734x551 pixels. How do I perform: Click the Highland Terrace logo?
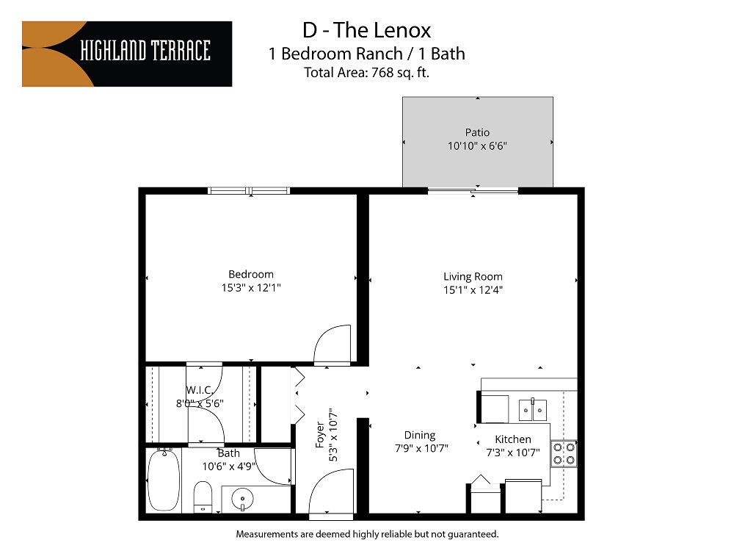pyautogui.click(x=127, y=54)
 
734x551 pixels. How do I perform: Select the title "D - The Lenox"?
pyautogui.click(x=366, y=30)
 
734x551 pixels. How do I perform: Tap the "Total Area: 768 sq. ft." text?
pyautogui.click(x=366, y=72)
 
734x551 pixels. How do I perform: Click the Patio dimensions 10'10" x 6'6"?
pyautogui.click(x=477, y=145)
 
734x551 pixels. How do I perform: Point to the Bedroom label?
pyautogui.click(x=251, y=275)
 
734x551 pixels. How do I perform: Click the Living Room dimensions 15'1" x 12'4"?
pyautogui.click(x=473, y=289)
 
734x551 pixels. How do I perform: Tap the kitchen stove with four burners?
pyautogui.click(x=564, y=454)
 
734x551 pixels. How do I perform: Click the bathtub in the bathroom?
pyautogui.click(x=163, y=482)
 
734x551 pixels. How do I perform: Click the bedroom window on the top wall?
pyautogui.click(x=249, y=191)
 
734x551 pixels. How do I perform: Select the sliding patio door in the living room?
pyautogui.click(x=473, y=191)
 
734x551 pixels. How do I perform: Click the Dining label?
pyautogui.click(x=420, y=435)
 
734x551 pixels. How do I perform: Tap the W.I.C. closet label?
pyautogui.click(x=200, y=389)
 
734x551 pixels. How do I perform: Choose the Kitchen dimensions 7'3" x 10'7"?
pyautogui.click(x=513, y=453)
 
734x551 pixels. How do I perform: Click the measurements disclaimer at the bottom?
pyautogui.click(x=366, y=533)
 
